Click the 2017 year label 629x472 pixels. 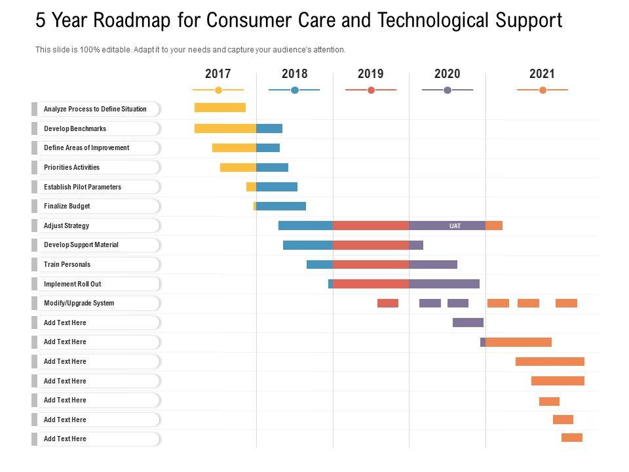coord(218,74)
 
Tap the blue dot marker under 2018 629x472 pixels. coord(295,90)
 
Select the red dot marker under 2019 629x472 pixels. coord(371,90)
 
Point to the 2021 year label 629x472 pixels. coord(542,74)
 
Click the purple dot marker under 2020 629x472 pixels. coord(448,90)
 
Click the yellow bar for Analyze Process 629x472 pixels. coord(220,108)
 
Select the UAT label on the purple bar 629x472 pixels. coord(455,226)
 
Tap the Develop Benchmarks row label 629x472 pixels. coord(75,128)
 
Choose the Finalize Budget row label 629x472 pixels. coord(67,206)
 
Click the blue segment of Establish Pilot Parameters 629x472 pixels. coord(276,187)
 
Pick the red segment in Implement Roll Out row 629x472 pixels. coord(371,284)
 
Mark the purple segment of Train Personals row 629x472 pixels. coord(433,264)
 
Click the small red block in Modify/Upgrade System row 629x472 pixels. coord(388,303)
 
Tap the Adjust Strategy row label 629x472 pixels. coord(66,226)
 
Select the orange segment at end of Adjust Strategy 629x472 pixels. coord(494,226)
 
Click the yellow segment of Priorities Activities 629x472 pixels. coord(238,167)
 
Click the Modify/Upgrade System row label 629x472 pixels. coord(79,303)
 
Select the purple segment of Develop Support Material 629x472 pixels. coord(416,245)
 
